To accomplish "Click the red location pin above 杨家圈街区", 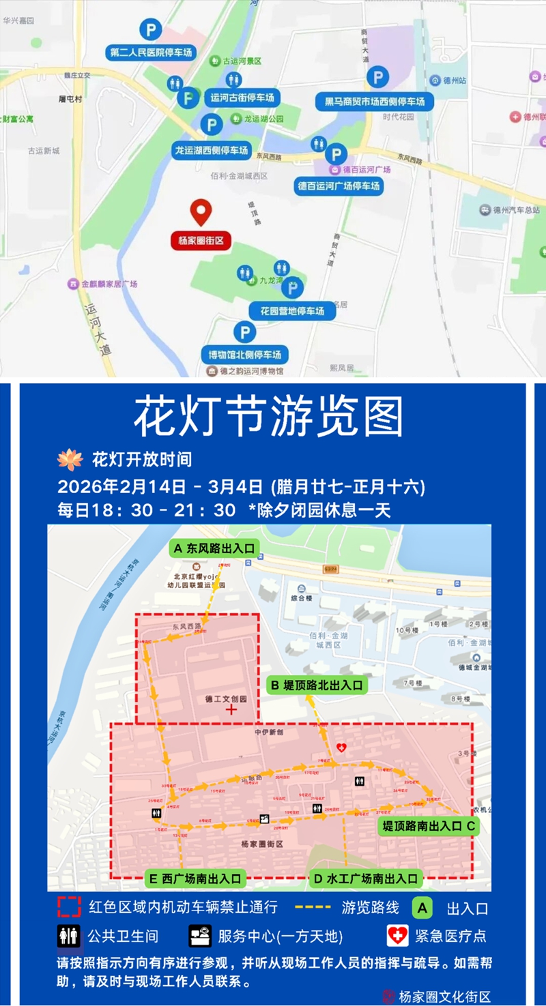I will [200, 212].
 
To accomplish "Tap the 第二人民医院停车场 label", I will [151, 53].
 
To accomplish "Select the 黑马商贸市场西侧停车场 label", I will [374, 102].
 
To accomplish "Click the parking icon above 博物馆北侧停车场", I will [244, 333].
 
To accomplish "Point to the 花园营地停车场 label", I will [291, 311].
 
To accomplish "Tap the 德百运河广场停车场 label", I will [339, 185].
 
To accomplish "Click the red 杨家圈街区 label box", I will [201, 240].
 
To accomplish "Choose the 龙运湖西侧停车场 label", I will [212, 150].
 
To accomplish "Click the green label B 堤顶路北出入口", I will [317, 685].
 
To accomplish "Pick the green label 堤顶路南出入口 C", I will [428, 826].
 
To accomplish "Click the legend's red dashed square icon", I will [69, 907].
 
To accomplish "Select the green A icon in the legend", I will [422, 908].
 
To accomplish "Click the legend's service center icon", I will [200, 936].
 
